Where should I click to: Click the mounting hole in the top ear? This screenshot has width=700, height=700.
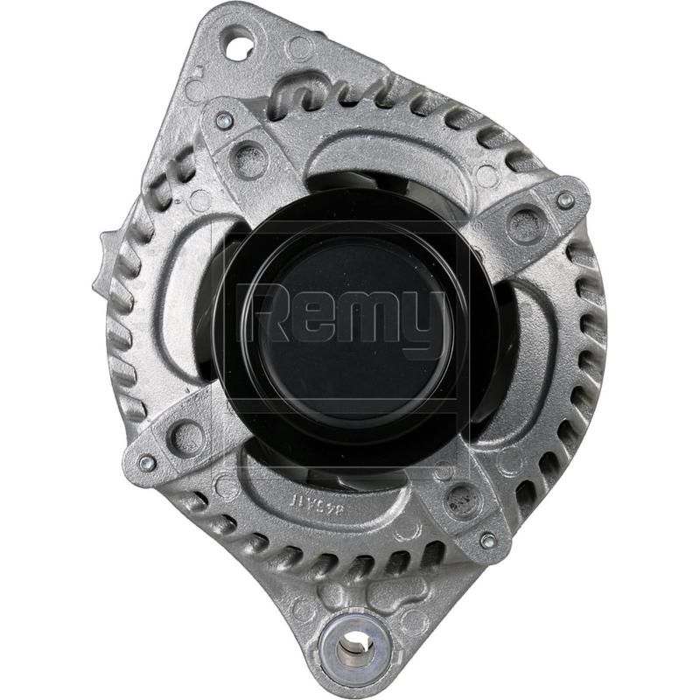239,43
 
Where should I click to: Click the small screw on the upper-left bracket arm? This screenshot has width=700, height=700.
224,122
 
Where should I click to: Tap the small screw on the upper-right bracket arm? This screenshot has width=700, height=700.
566,200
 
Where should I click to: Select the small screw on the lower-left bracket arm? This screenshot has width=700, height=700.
147,463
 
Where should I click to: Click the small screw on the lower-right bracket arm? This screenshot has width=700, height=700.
487,540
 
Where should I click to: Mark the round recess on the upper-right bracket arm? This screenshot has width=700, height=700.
526,225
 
